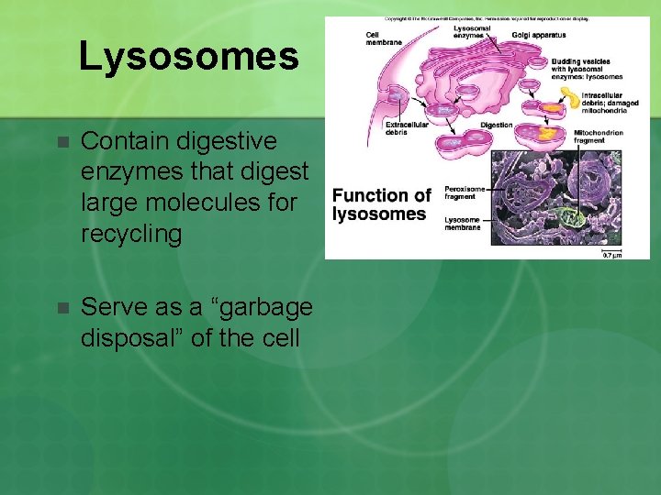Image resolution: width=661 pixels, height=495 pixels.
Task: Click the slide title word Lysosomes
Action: [x=188, y=56]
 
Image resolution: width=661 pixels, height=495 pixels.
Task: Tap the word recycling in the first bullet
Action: [x=132, y=233]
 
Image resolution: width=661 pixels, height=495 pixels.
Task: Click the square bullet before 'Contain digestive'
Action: [x=61, y=143]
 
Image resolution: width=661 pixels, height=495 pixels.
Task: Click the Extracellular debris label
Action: [x=407, y=128]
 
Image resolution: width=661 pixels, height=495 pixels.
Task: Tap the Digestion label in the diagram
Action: [x=497, y=125]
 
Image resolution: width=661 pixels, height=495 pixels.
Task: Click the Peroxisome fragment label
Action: [x=465, y=192]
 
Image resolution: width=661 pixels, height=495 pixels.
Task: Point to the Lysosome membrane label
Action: [x=463, y=224]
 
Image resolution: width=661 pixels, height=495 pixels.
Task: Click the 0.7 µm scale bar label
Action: [x=611, y=254]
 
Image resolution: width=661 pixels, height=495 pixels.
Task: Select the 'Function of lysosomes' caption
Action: [x=380, y=204]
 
